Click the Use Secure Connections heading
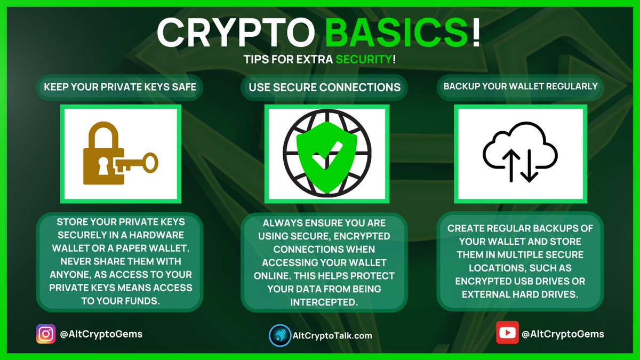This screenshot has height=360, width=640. click(x=325, y=86)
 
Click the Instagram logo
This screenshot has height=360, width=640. click(x=45, y=334)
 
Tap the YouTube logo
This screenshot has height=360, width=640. click(x=507, y=334)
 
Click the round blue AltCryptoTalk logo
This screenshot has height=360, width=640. click(x=279, y=335)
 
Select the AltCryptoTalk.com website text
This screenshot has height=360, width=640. click(x=333, y=336)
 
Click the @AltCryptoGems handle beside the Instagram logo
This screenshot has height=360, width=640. click(x=101, y=334)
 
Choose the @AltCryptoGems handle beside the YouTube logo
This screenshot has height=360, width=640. click(x=563, y=334)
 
